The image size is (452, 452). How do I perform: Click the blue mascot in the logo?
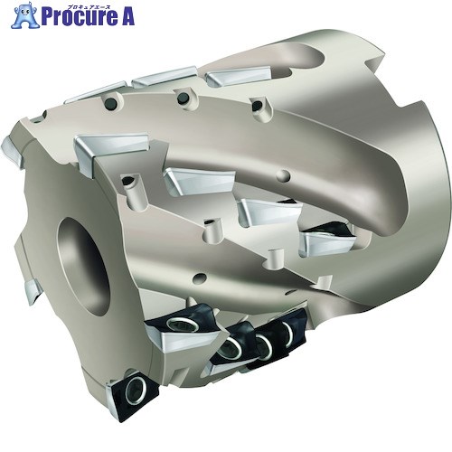25,15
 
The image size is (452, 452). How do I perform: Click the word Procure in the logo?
80,16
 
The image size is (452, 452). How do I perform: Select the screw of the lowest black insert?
134,391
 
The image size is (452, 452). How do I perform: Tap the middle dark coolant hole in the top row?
184,99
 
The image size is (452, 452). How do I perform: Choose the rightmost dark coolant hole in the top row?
257,106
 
